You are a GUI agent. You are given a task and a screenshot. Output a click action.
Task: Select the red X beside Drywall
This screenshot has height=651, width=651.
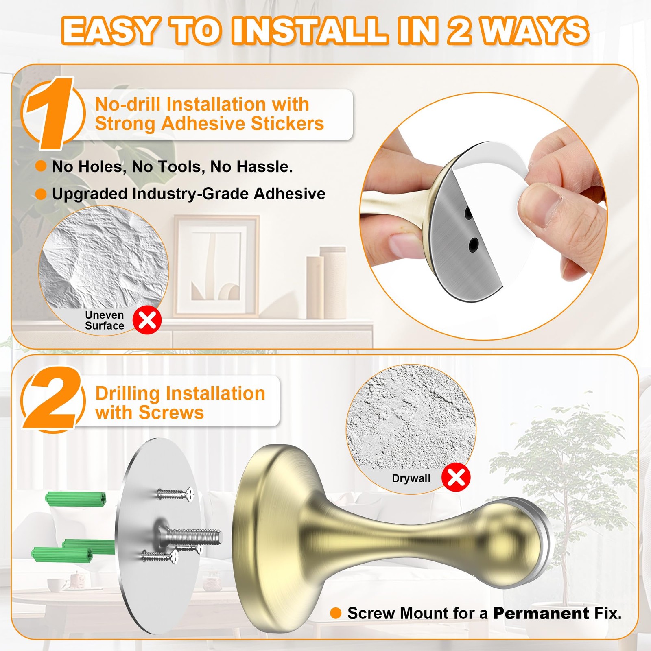pyautogui.click(x=456, y=477)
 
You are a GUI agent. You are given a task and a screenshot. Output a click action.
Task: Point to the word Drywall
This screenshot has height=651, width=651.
pyautogui.click(x=411, y=478)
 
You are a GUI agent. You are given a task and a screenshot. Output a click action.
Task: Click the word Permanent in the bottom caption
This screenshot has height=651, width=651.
pyautogui.click(x=541, y=613)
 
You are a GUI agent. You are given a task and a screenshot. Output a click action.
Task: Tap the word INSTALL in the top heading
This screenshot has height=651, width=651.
pyautogui.click(x=310, y=31)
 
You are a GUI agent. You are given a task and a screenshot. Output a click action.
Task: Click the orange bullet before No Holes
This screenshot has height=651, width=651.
pyautogui.click(x=41, y=166)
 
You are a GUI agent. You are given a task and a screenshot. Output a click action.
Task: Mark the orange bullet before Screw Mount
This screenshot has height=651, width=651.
pyautogui.click(x=336, y=613)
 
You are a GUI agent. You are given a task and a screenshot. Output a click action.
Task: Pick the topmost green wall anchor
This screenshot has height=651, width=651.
pyautogui.click(x=76, y=499)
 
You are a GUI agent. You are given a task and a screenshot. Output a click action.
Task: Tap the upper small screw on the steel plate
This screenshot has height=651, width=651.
pyautogui.click(x=175, y=495)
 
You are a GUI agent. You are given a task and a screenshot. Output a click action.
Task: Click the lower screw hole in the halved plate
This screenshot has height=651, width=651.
pyautogui.click(x=473, y=244)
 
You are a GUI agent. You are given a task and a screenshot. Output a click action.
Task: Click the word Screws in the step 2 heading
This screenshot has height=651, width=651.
pyautogui.click(x=171, y=413)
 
